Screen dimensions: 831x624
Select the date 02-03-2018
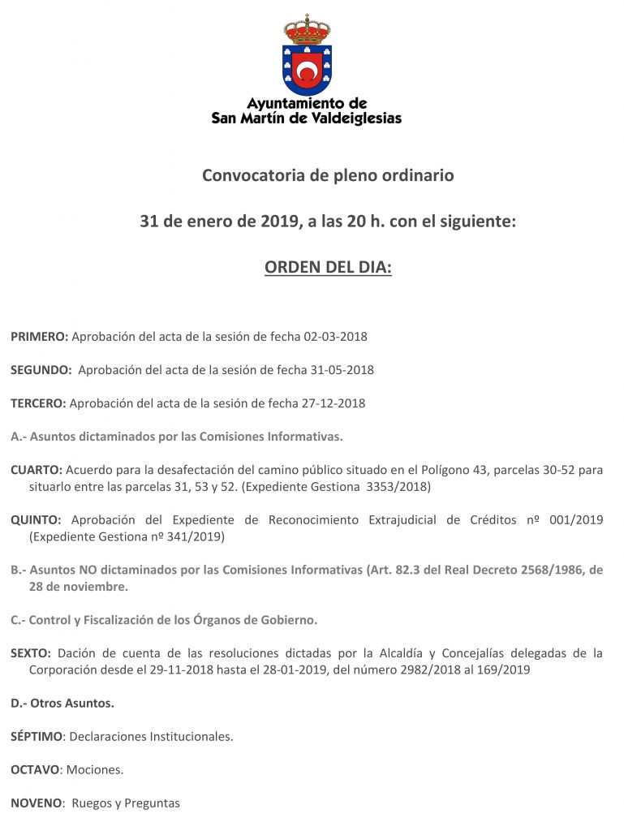[335, 336]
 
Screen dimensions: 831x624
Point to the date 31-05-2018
[342, 369]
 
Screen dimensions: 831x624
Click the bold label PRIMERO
[39, 336]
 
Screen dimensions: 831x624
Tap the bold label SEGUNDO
[41, 369]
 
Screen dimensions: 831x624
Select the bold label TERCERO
[38, 403]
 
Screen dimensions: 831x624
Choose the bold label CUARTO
[36, 470]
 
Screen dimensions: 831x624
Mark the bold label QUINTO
[37, 519]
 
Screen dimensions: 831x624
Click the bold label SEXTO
[31, 652]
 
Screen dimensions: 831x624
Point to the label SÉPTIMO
[37, 736]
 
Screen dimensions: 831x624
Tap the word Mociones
[95, 769]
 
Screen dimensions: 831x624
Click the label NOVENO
[37, 803]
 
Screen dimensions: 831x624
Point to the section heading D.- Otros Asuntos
[62, 703]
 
